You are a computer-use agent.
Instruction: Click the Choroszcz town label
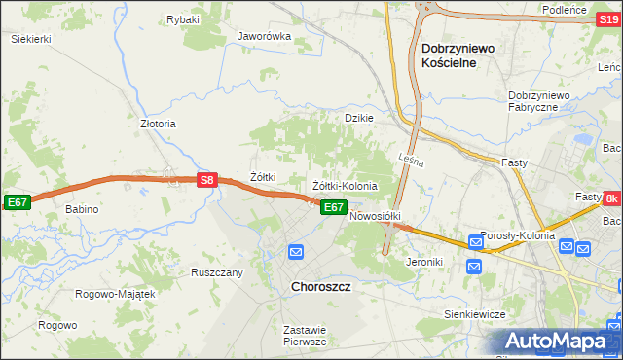pyautogui.click(x=321, y=288)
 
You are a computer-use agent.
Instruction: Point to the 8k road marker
pyautogui.click(x=610, y=199)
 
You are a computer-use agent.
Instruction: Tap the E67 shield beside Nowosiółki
pyautogui.click(x=333, y=207)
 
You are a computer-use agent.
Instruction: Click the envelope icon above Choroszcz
pyautogui.click(x=296, y=252)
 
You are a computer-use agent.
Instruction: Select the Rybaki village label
pyautogui.click(x=182, y=19)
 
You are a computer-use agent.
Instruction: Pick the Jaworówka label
pyautogui.click(x=265, y=36)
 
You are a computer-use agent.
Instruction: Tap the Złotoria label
pyautogui.click(x=159, y=125)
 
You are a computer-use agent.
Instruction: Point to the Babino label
pyautogui.click(x=83, y=209)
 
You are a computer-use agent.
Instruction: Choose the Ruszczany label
pyautogui.click(x=216, y=272)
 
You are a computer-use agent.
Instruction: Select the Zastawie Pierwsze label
pyautogui.click(x=304, y=336)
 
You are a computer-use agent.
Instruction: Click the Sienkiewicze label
pyautogui.click(x=472, y=314)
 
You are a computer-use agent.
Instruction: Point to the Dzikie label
pyautogui.click(x=359, y=118)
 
